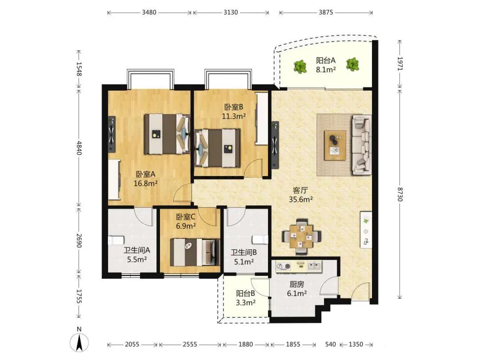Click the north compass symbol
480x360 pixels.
pyautogui.click(x=79, y=340)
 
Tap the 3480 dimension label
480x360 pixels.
pyautogui.click(x=149, y=12)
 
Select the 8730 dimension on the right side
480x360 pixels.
pyautogui.click(x=400, y=195)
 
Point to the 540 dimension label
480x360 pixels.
pyautogui.click(x=331, y=344)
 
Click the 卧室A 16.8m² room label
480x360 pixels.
pyautogui.click(x=146, y=179)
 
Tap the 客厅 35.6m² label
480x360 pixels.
pyautogui.click(x=300, y=195)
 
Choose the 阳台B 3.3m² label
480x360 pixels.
pyautogui.click(x=245, y=298)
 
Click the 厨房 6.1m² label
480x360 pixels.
pyautogui.click(x=297, y=289)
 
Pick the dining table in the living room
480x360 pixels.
pyautogui.click(x=301, y=236)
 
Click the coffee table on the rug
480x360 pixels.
pyautogui.click(x=335, y=145)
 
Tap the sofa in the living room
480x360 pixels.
pyautogui.click(x=362, y=144)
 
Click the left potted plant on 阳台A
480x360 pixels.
pyautogui.click(x=300, y=66)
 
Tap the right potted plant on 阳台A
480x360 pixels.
pyautogui.click(x=352, y=64)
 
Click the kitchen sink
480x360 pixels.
pyautogui.click(x=315, y=266)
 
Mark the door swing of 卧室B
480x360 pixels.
pyautogui.click(x=255, y=168)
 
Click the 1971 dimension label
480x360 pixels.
pyautogui.click(x=400, y=64)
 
